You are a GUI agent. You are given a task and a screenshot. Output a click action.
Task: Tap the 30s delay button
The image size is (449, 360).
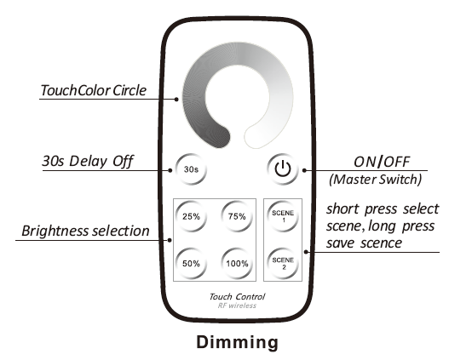point(191,169)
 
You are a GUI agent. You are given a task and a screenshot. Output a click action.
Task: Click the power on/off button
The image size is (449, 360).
point(283,169)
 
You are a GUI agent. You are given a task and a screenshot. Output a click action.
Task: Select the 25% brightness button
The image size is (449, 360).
point(191,216)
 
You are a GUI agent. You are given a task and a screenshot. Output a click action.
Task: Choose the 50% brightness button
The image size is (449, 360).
point(191,263)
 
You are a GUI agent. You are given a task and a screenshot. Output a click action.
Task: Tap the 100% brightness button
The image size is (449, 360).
point(237,263)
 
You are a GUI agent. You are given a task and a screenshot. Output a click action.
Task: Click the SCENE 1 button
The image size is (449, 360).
point(283,216)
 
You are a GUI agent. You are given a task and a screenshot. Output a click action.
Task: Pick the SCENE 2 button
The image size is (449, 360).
point(283,263)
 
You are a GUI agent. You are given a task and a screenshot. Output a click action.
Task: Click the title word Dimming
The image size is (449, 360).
point(238,343)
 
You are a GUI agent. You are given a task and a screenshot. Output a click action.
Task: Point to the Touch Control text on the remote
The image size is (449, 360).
point(237,297)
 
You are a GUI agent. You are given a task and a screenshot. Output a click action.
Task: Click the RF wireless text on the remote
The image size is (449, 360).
point(237,306)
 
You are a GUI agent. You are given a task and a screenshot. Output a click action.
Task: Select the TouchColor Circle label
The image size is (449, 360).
point(94,90)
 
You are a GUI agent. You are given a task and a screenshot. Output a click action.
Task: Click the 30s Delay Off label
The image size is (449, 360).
point(88,161)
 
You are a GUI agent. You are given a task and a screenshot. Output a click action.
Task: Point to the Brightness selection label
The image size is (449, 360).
point(85,231)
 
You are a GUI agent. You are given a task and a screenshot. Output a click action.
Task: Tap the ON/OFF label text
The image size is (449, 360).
point(382,162)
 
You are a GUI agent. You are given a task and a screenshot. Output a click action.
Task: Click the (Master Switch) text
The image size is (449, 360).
point(376,180)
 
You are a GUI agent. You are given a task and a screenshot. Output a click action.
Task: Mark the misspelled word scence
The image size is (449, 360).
point(381,243)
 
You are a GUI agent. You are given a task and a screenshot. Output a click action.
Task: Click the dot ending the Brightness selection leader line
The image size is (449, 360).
point(170,240)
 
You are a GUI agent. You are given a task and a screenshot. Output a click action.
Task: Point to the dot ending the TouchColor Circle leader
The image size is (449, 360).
point(176,100)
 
